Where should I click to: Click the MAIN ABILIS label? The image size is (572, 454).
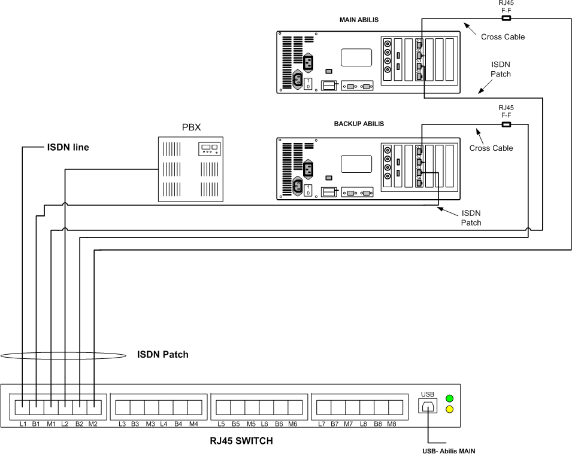(x=359, y=20)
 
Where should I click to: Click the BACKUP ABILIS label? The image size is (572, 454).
(x=359, y=124)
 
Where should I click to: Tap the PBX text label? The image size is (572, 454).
(x=189, y=127)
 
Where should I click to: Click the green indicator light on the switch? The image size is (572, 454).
(x=449, y=398)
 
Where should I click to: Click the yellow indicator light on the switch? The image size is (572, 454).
(x=449, y=410)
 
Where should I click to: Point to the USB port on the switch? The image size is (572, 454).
(x=428, y=406)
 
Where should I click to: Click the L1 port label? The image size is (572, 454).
(x=23, y=424)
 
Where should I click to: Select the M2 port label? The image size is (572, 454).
(x=93, y=424)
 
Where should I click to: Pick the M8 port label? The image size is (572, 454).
(x=392, y=424)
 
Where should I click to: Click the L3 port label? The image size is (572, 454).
(x=122, y=424)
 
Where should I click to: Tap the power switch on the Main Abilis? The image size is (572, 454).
(x=308, y=83)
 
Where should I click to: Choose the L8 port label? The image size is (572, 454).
(x=364, y=424)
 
